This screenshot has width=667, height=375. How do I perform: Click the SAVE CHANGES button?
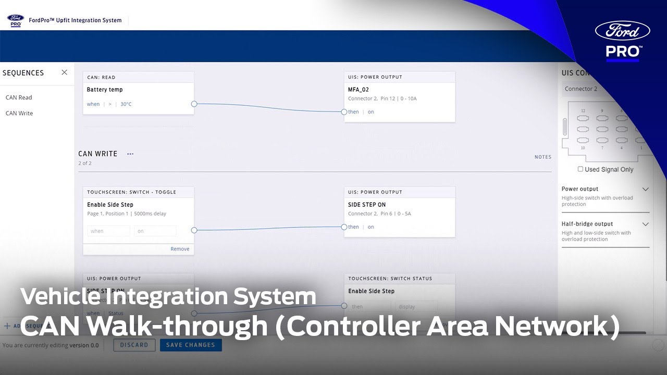[190, 345]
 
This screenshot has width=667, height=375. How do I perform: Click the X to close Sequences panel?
[64, 72]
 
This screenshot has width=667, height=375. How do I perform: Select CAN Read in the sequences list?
[19, 97]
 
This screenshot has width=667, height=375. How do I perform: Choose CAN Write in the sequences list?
[19, 113]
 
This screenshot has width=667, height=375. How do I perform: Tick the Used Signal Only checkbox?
[580, 169]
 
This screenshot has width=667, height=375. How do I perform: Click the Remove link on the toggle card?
[180, 249]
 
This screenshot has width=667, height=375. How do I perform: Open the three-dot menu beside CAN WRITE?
[130, 154]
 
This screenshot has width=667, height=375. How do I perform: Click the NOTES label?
[542, 157]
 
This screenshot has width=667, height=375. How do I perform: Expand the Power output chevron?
[645, 189]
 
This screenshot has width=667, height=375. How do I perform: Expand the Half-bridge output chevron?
[645, 224]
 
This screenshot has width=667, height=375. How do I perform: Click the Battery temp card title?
[105, 90]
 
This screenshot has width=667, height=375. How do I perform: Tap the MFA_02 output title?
[359, 90]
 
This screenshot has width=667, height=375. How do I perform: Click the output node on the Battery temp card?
[194, 104]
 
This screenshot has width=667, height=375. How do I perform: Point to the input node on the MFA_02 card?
[344, 112]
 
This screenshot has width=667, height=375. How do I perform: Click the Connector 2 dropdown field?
[594, 89]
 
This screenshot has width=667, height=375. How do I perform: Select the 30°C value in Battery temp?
[126, 104]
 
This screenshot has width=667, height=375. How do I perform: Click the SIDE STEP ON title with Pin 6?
[367, 205]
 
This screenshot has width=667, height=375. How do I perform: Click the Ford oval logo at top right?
[623, 31]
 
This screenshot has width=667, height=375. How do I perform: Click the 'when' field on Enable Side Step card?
[108, 231]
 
